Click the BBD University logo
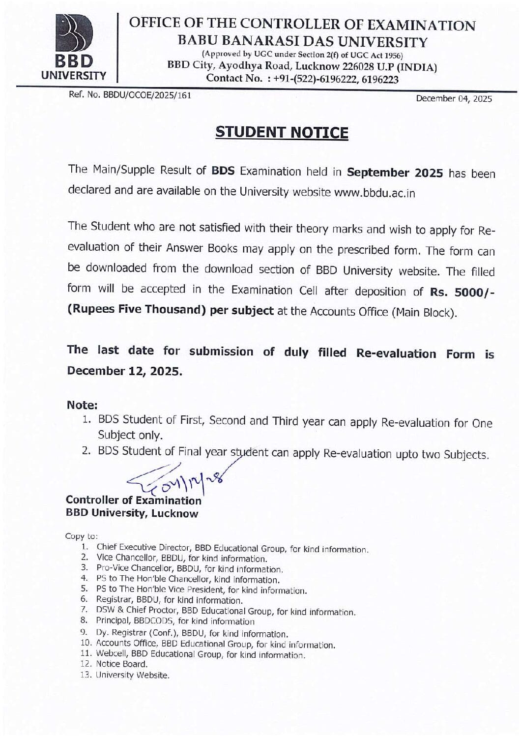(x=74, y=47)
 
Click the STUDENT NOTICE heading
(x=282, y=132)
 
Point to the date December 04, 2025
(x=454, y=98)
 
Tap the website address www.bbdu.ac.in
(x=375, y=193)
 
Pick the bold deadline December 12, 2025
(x=125, y=371)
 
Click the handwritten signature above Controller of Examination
(x=177, y=479)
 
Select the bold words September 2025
(x=395, y=173)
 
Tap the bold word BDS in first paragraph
(x=223, y=171)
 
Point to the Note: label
(x=82, y=405)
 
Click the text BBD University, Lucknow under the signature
(x=132, y=514)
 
